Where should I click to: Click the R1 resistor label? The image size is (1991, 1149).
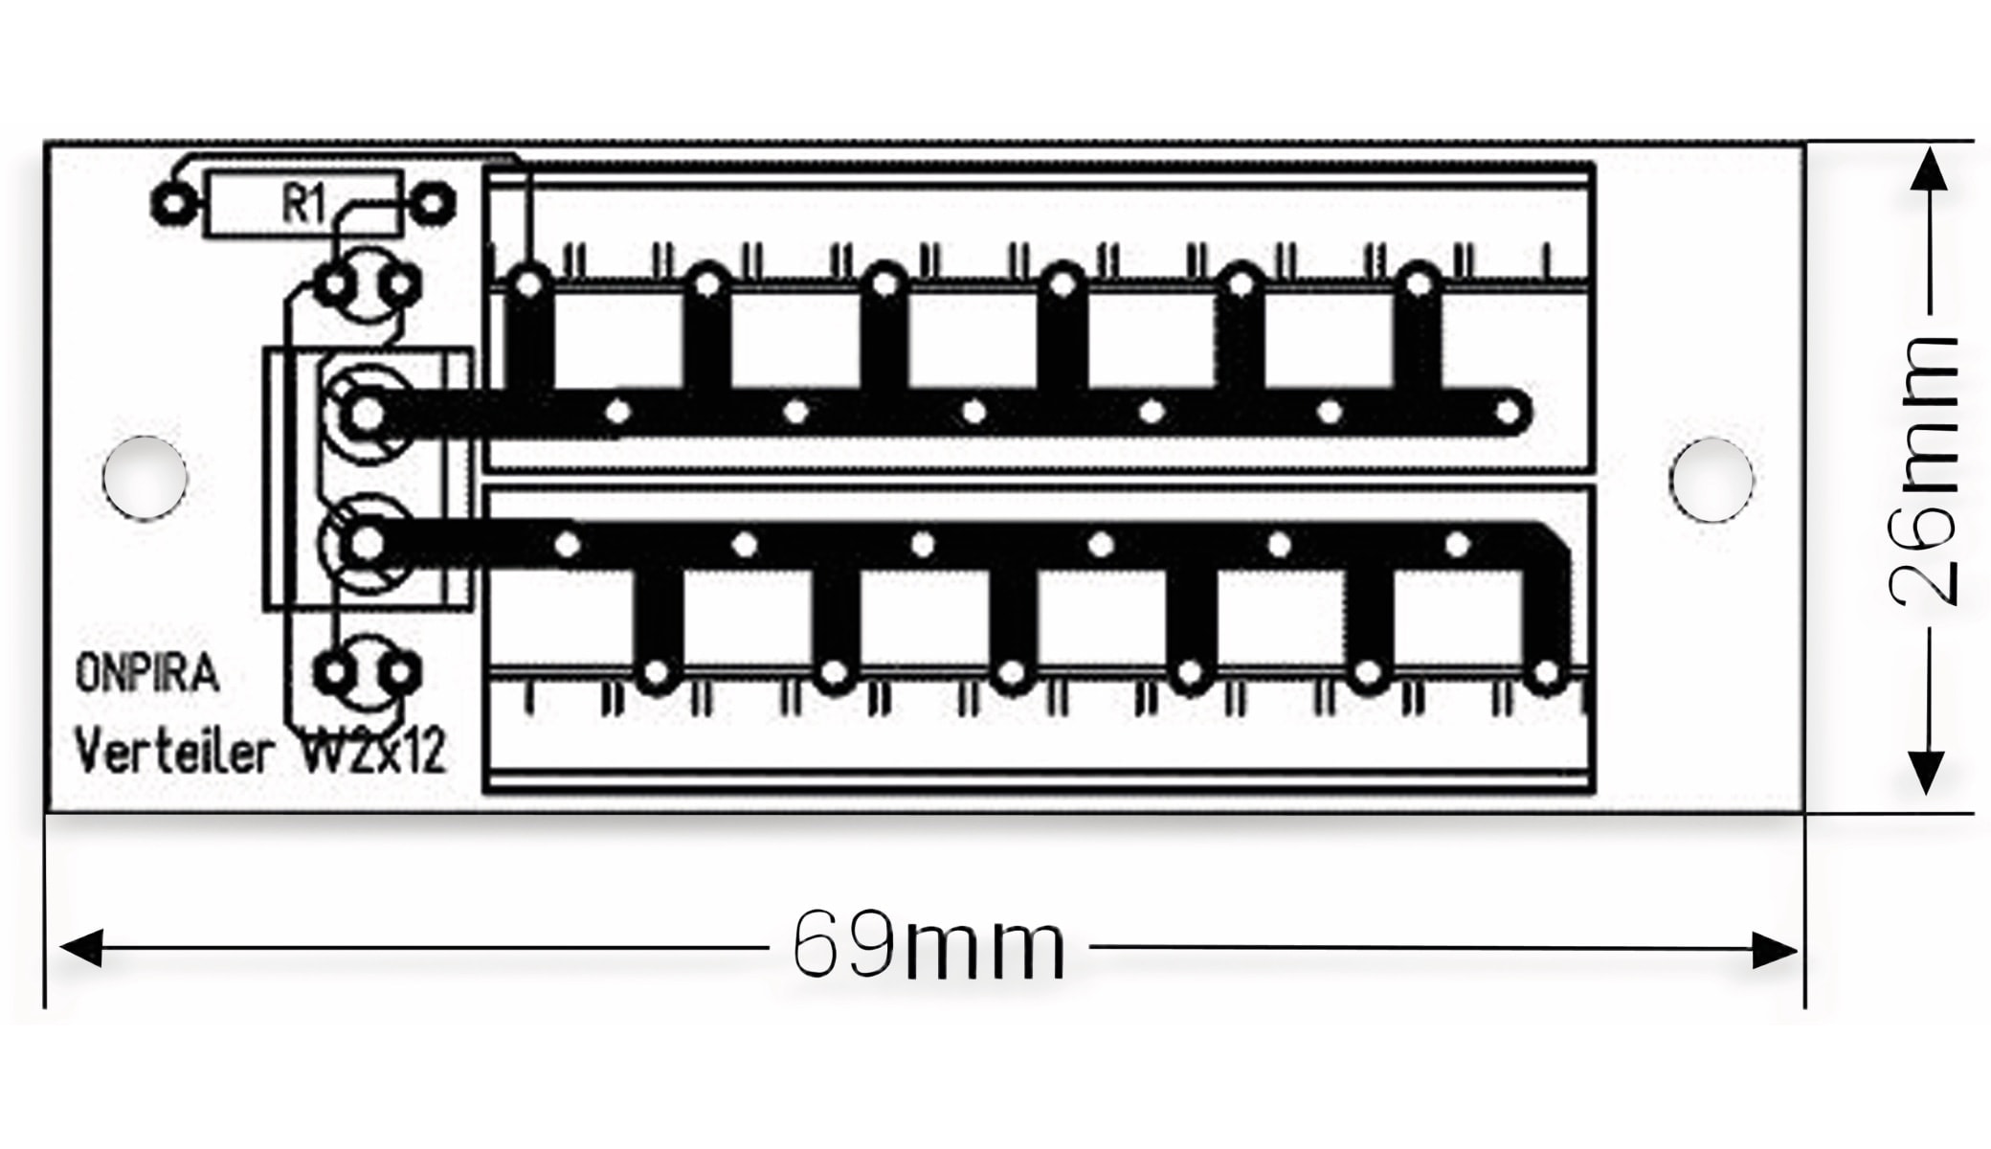click(303, 204)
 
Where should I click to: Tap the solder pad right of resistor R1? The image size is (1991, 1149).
click(433, 204)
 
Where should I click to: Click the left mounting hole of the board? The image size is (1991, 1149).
click(145, 478)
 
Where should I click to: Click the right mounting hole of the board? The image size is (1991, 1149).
click(1711, 479)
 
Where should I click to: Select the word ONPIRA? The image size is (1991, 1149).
click(146, 674)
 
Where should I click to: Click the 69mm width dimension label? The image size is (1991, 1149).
click(928, 945)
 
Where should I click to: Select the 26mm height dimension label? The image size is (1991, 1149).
click(1925, 471)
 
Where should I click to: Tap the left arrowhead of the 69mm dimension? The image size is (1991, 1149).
click(80, 948)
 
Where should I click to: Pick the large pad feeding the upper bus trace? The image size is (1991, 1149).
click(367, 414)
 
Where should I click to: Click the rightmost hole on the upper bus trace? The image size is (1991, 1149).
click(1508, 413)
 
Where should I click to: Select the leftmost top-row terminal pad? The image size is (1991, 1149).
click(528, 283)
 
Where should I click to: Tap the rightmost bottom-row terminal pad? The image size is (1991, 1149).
click(1545, 675)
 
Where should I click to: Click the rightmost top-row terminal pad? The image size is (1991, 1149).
click(1419, 283)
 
